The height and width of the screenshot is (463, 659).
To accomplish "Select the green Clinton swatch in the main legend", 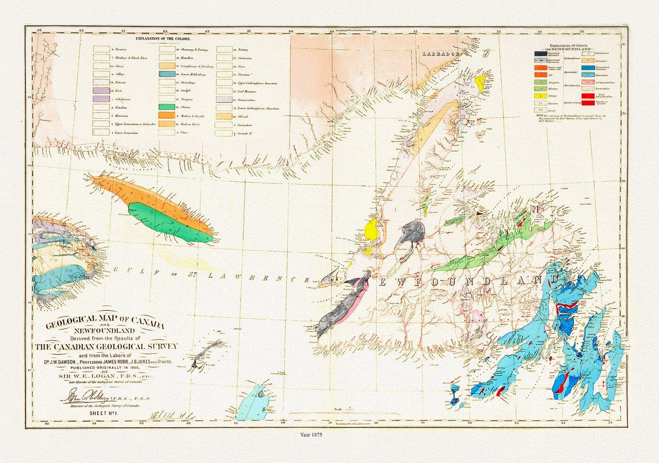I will point(167,107).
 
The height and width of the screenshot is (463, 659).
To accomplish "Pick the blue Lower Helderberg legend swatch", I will point(167,74).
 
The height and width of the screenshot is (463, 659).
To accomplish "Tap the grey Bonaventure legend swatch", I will point(225,99).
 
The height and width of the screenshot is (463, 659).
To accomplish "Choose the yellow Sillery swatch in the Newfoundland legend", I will point(540,96).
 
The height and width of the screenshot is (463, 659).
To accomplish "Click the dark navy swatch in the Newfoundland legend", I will point(540,53).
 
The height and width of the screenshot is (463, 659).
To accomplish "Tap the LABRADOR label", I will point(441,54).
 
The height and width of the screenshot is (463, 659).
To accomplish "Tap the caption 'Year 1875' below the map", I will point(311,435).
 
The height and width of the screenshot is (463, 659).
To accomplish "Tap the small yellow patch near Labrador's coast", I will point(479,83).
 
